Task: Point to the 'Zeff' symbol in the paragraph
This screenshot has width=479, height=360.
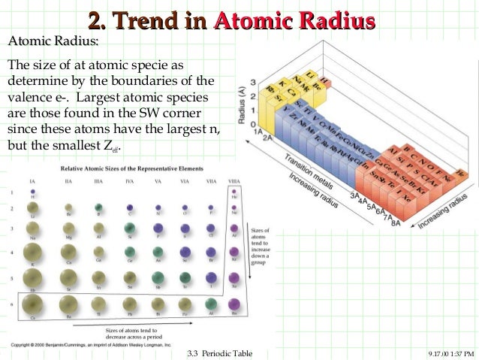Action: click(x=110, y=146)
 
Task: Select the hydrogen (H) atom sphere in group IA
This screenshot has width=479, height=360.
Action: click(x=33, y=192)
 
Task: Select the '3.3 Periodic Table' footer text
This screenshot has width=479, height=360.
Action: click(x=219, y=353)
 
